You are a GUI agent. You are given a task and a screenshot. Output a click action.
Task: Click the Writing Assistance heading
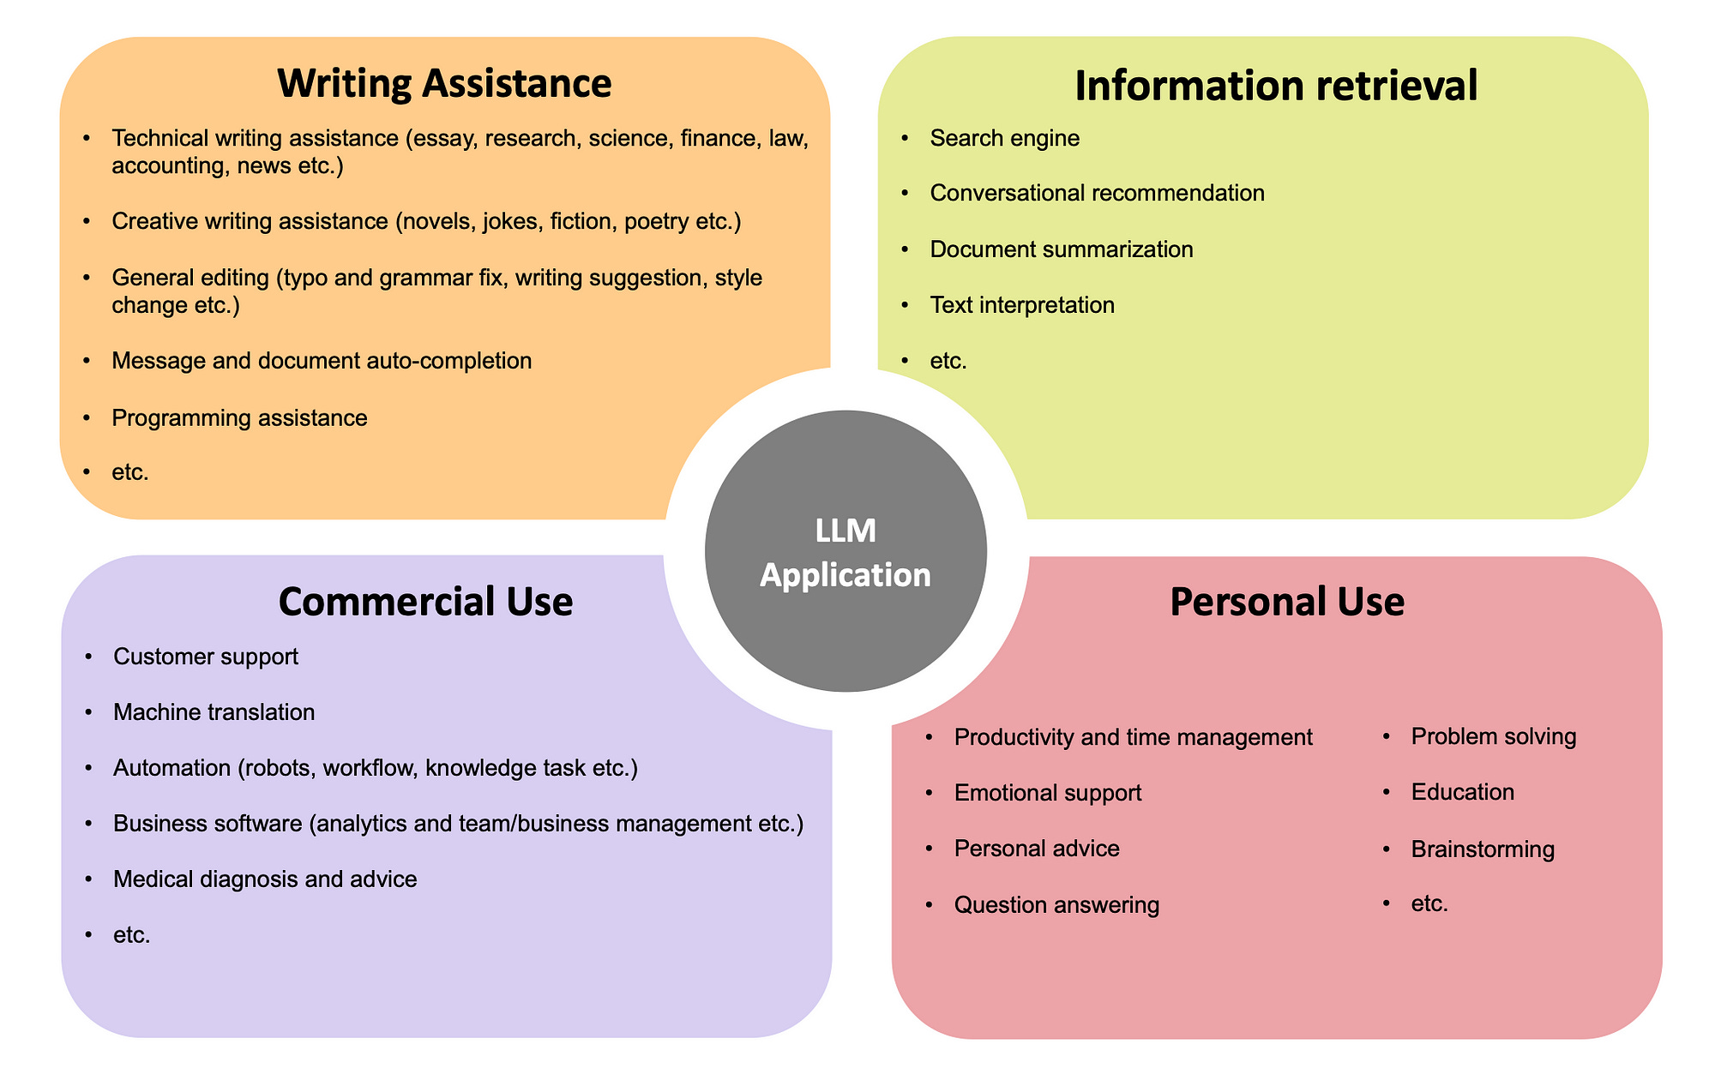click(444, 84)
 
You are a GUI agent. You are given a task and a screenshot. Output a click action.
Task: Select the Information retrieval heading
click(1276, 86)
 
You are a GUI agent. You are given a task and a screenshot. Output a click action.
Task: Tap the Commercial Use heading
click(425, 601)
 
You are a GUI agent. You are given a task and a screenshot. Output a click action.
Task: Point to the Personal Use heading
click(1286, 602)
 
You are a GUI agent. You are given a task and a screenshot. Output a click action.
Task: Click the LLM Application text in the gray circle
click(845, 553)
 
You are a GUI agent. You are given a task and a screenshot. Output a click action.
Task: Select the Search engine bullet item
click(1004, 138)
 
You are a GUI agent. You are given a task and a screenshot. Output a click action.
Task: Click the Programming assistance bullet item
click(239, 418)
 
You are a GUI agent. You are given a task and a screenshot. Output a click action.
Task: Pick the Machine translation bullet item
click(214, 712)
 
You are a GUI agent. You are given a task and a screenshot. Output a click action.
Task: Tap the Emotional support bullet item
click(1047, 793)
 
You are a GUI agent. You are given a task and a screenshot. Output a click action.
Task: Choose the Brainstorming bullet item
click(1482, 849)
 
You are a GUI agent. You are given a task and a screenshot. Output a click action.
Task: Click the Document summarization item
click(1061, 249)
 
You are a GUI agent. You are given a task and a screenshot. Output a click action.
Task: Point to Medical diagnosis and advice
click(265, 879)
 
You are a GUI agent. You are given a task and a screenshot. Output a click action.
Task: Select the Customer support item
click(206, 657)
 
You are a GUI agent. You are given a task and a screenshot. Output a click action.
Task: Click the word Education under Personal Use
click(1462, 792)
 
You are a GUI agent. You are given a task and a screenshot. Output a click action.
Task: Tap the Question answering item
click(1056, 905)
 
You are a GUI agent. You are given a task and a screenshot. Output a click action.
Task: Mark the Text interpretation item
click(1022, 305)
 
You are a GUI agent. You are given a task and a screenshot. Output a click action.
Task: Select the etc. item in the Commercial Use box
click(131, 935)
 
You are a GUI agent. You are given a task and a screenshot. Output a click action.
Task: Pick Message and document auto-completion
click(322, 361)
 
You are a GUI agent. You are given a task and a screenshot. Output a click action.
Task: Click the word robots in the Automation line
click(276, 768)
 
